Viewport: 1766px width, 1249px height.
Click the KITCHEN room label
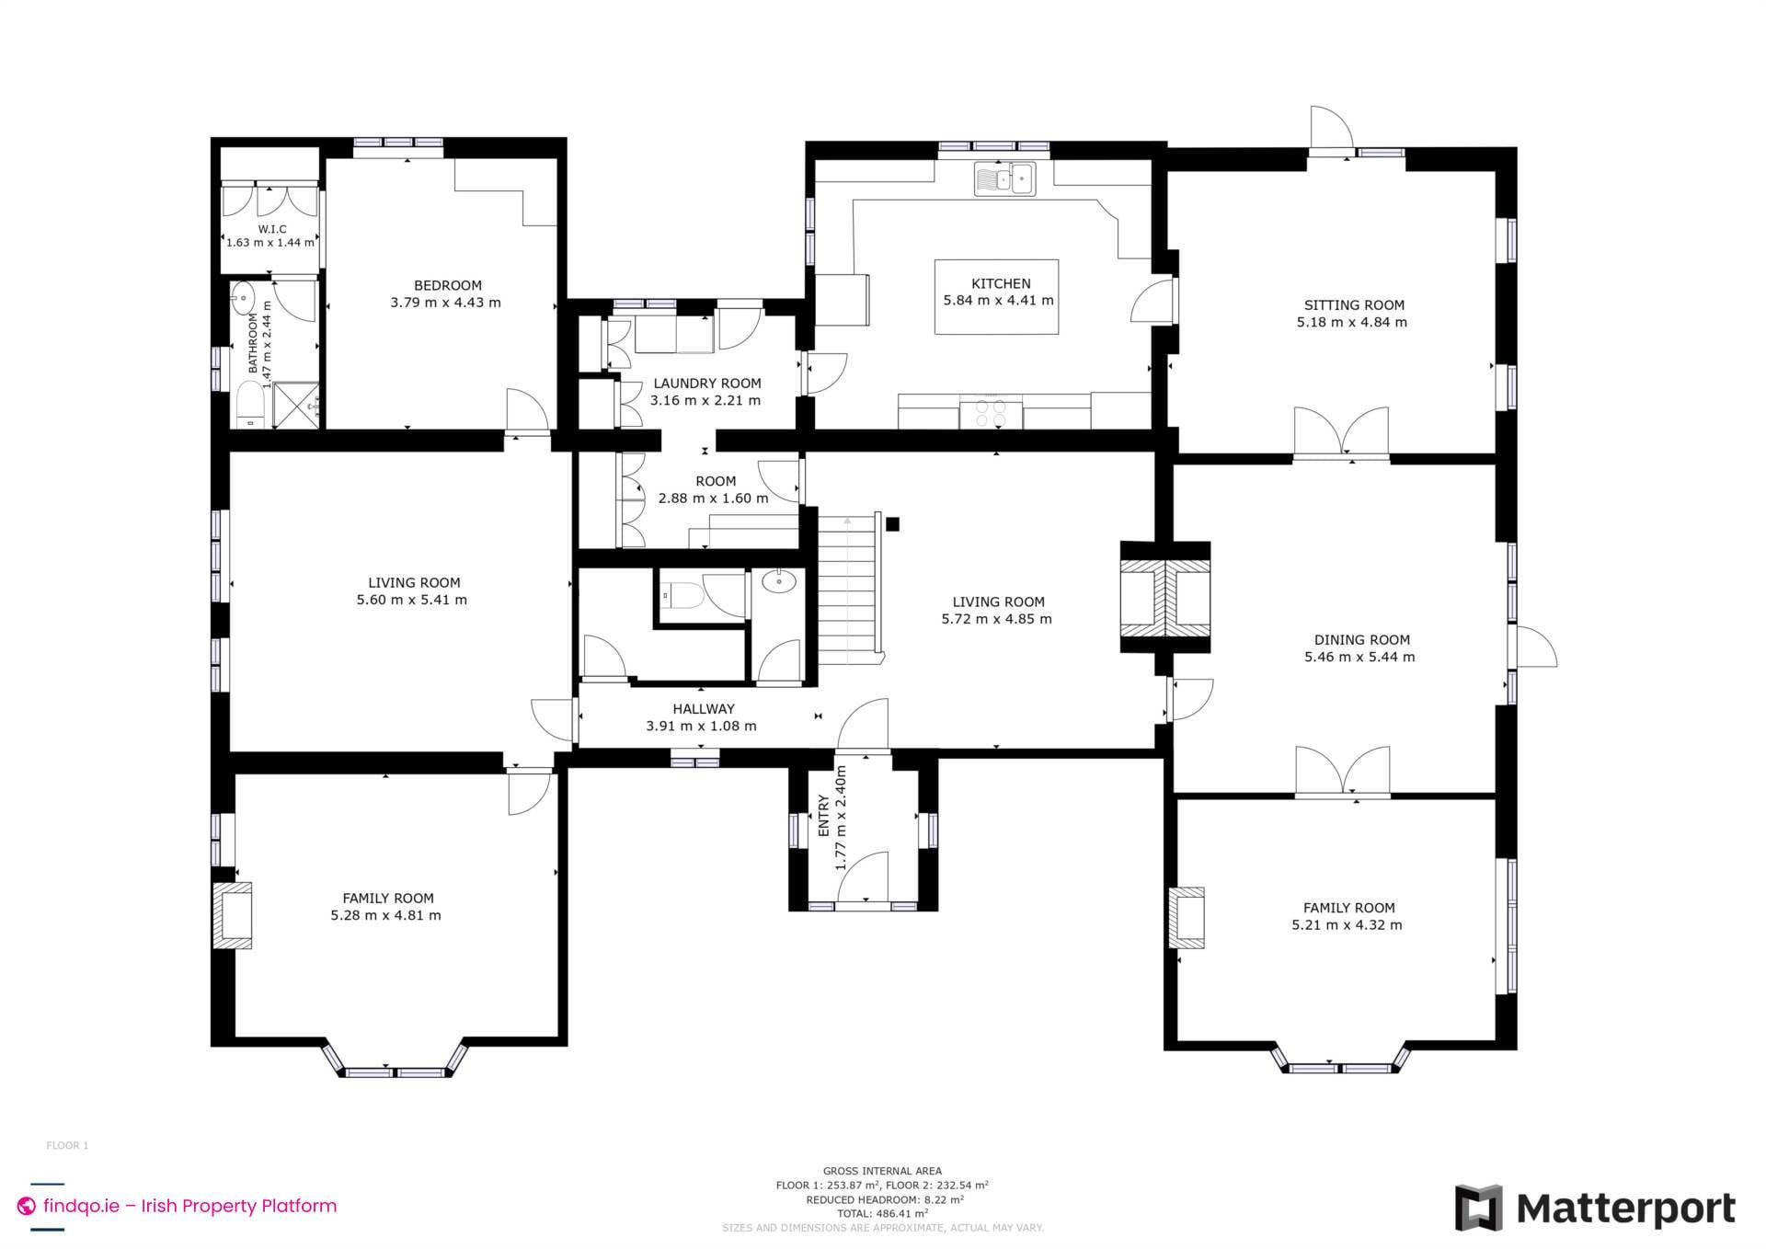[x=1001, y=283]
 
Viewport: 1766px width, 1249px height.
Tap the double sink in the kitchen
[x=1004, y=178]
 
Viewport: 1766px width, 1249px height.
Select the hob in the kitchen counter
[x=991, y=413]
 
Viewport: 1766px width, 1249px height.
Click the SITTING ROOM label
[x=1353, y=305]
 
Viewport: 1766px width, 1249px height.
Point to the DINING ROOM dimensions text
[x=1359, y=657]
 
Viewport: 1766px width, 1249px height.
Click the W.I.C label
[x=271, y=229]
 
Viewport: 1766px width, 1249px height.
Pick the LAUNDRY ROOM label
[x=706, y=384]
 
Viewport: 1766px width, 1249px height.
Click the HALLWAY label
[x=703, y=709]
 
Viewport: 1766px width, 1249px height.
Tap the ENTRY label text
[x=824, y=816]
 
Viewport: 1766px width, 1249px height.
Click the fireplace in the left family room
[x=232, y=915]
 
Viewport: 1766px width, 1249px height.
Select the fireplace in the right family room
[x=1187, y=917]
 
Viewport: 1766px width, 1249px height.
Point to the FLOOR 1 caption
[x=67, y=1145]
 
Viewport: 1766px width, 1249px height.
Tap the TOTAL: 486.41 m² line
[x=882, y=1213]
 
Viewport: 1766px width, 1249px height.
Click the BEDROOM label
[x=447, y=285]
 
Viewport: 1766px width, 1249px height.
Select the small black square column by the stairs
[x=891, y=524]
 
